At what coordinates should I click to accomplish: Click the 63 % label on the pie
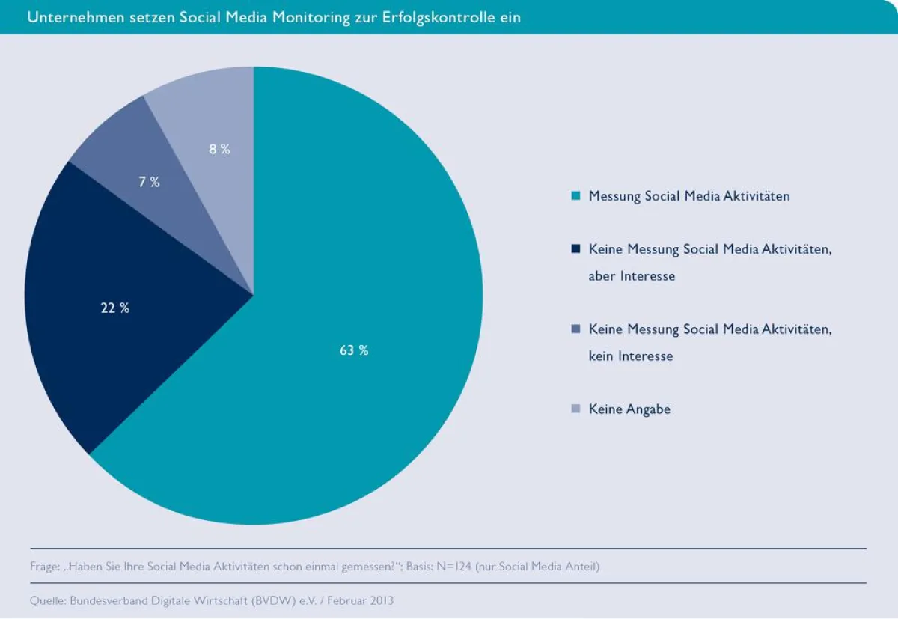354,350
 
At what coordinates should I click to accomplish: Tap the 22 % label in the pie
115,308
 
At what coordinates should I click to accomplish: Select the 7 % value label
150,182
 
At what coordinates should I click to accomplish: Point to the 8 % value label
219,149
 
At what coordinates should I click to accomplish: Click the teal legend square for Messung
575,196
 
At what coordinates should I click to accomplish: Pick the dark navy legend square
575,249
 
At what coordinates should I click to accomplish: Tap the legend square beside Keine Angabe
575,409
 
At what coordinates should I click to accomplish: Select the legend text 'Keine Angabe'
629,409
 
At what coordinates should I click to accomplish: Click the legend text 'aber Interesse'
632,276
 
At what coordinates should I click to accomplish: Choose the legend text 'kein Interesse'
631,356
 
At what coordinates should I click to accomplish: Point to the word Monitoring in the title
314,17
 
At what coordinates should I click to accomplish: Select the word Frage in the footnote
44,567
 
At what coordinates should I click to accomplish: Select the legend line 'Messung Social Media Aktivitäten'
689,196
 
